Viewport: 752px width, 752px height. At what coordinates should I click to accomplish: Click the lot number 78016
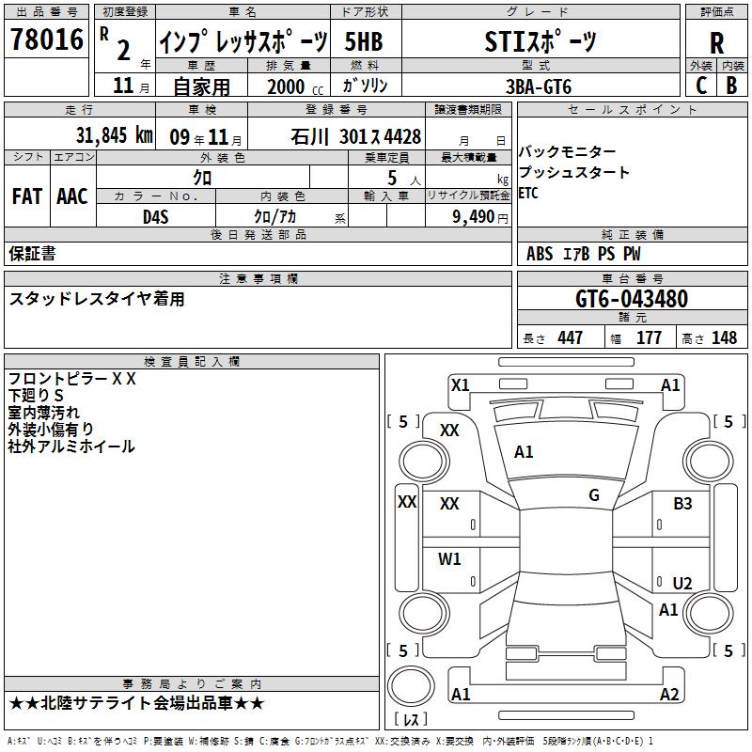[47, 39]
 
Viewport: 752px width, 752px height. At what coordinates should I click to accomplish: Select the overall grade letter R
[716, 43]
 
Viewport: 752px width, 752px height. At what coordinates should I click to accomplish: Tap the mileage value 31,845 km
[115, 135]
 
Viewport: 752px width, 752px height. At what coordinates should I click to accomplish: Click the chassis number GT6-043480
[632, 299]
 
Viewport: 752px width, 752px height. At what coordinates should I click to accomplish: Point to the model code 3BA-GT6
[539, 86]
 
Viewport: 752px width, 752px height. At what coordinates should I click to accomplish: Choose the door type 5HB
[364, 41]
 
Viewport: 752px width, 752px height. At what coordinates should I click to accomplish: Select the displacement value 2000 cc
[295, 86]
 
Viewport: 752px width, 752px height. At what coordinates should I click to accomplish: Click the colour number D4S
[156, 217]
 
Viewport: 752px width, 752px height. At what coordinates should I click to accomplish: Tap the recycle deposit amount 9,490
[473, 217]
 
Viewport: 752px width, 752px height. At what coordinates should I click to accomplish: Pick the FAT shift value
[27, 196]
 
